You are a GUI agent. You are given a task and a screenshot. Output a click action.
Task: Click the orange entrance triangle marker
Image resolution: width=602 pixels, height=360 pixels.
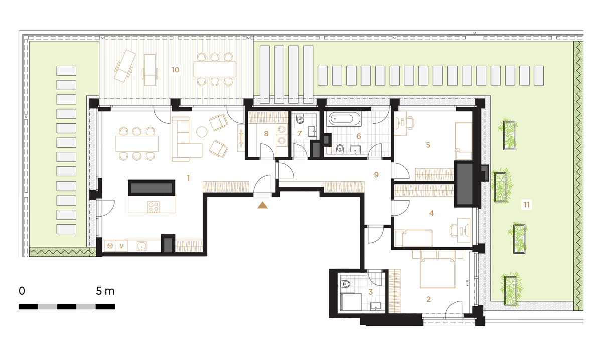[262, 205]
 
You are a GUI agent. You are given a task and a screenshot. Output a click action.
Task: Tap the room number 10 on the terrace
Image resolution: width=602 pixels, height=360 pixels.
[175, 70]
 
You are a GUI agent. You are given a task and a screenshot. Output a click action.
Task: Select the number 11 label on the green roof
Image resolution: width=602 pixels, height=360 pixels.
[526, 205]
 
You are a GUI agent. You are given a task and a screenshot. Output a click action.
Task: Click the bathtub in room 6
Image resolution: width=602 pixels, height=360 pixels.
[344, 118]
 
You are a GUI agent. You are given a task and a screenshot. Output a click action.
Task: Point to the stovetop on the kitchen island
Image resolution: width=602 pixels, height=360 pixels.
[153, 207]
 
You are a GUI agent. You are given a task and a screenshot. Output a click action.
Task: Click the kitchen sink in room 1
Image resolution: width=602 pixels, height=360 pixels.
[141, 246]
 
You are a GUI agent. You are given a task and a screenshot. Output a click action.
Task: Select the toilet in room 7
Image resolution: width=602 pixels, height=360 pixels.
[300, 119]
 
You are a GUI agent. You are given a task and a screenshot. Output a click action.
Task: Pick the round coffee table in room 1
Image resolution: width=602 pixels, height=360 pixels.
[202, 132]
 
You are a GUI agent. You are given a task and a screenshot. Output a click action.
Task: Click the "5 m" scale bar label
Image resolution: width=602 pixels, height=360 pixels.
[105, 291]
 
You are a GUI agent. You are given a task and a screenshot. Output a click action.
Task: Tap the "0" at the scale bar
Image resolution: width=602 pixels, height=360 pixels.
[22, 291]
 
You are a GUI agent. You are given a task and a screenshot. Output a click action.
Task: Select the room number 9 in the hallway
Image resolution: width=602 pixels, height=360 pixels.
[376, 175]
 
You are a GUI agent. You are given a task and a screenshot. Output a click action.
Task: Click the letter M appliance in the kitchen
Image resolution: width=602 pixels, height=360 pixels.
[122, 246]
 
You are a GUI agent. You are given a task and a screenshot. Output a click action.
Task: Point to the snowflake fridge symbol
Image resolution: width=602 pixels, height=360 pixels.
[110, 246]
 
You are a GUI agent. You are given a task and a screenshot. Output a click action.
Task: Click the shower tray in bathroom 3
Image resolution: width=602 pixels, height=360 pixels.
[351, 302]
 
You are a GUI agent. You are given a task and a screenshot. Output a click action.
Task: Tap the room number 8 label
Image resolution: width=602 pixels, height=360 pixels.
[266, 134]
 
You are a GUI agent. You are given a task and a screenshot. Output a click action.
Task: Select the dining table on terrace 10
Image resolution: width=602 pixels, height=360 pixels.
[215, 69]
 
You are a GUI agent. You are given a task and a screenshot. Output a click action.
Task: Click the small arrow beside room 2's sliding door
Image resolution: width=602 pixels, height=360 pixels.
[467, 283]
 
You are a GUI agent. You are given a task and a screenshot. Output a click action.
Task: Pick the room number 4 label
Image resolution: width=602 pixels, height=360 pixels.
[431, 213]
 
